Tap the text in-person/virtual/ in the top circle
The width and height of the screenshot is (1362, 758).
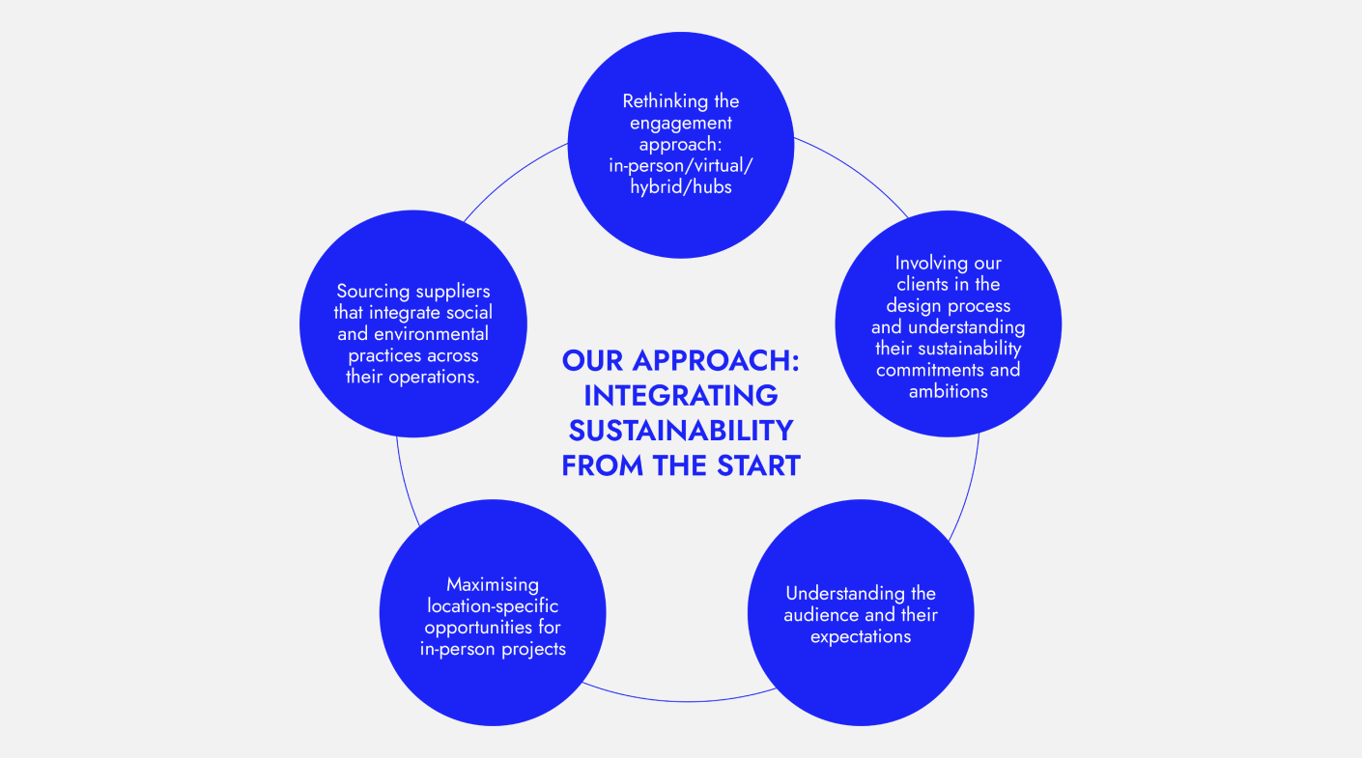(x=681, y=166)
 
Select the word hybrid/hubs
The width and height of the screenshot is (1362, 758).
(x=681, y=187)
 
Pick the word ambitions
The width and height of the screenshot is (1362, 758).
(x=948, y=391)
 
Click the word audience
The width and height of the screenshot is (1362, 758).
(x=820, y=615)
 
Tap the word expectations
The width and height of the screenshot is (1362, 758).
(x=861, y=636)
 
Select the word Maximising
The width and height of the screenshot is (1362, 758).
(x=493, y=585)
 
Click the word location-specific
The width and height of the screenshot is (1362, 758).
(x=493, y=606)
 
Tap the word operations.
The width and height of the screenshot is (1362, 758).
(x=440, y=377)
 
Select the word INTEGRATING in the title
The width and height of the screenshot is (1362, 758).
(x=681, y=396)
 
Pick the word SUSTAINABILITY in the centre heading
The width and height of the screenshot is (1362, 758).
(x=681, y=431)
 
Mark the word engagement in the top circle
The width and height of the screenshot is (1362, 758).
(x=681, y=123)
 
